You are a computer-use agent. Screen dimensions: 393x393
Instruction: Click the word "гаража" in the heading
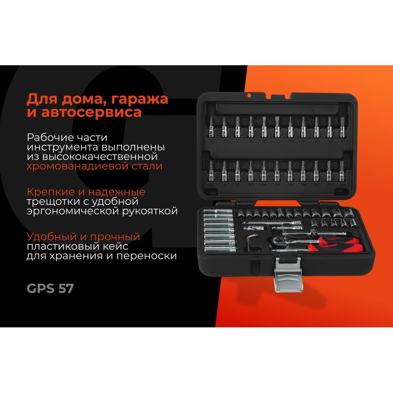pos(140,99)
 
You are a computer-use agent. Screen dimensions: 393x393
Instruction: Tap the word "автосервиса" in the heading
pos(92,112)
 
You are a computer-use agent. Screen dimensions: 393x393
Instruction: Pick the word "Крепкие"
pos(51,192)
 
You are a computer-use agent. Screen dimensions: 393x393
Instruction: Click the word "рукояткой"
pos(150,211)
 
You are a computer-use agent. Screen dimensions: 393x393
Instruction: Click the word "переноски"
pos(146,256)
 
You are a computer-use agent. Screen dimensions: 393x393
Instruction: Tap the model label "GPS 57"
pos(50,288)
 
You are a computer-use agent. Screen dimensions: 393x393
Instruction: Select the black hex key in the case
pos(251,242)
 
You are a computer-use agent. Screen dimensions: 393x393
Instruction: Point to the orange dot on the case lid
pos(249,95)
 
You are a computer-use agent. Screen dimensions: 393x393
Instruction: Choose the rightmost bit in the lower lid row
pos(342,171)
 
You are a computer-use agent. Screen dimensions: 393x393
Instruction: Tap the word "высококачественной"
pos(100,157)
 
